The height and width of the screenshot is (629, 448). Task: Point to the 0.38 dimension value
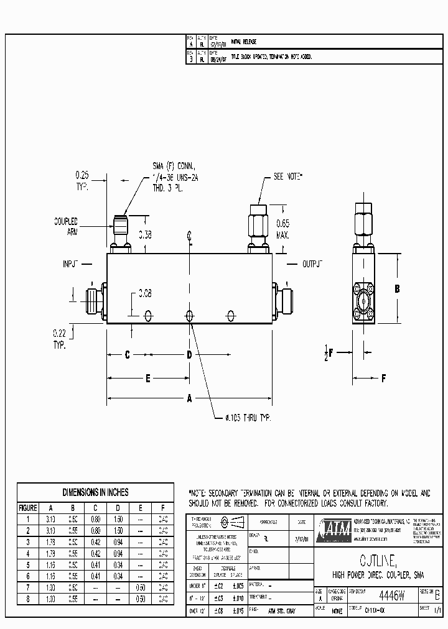click(x=145, y=235)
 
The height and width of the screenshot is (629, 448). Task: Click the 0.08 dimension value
click(x=145, y=292)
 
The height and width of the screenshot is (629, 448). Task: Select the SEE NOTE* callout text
click(x=288, y=177)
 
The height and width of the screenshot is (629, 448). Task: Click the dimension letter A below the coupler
click(x=190, y=400)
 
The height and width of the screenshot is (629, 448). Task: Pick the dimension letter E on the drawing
click(x=148, y=377)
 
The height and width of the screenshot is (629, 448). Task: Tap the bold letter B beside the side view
click(x=397, y=288)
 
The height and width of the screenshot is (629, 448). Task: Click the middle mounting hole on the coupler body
click(x=190, y=315)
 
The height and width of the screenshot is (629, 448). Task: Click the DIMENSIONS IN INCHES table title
click(x=95, y=492)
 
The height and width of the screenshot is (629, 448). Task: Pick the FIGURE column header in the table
click(x=27, y=508)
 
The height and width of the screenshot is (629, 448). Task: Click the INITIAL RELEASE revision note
click(x=243, y=42)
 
